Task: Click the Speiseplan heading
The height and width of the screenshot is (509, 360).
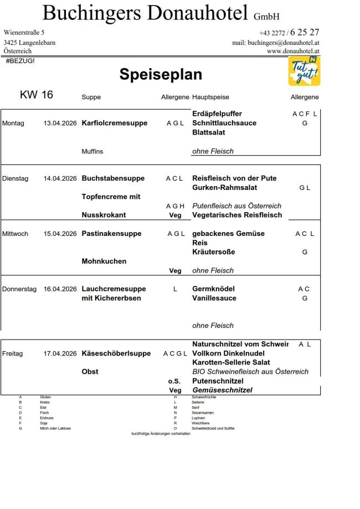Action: click(x=161, y=75)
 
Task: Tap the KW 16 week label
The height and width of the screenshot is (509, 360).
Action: click(x=37, y=95)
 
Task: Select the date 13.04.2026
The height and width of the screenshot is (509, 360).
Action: click(x=60, y=123)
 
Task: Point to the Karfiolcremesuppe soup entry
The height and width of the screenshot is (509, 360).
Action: click(x=114, y=123)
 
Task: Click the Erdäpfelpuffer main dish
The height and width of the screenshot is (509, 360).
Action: click(x=217, y=114)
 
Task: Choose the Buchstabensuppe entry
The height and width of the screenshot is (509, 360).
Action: click(x=113, y=178)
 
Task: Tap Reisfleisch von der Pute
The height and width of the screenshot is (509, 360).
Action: click(x=234, y=178)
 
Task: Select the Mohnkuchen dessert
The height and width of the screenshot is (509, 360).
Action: click(x=104, y=261)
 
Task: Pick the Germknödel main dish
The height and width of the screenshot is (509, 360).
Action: click(x=213, y=289)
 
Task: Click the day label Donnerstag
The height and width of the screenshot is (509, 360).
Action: click(x=19, y=289)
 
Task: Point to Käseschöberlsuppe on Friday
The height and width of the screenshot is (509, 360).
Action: click(x=116, y=353)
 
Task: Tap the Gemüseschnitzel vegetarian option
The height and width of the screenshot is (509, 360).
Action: click(x=222, y=390)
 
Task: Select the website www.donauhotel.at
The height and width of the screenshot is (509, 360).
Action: click(x=293, y=51)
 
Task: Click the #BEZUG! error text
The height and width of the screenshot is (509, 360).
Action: click(x=20, y=60)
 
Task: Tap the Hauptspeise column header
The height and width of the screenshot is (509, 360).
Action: click(x=209, y=97)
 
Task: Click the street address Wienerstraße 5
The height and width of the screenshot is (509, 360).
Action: click(x=24, y=33)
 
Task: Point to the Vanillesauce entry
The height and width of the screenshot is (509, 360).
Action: click(x=214, y=298)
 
